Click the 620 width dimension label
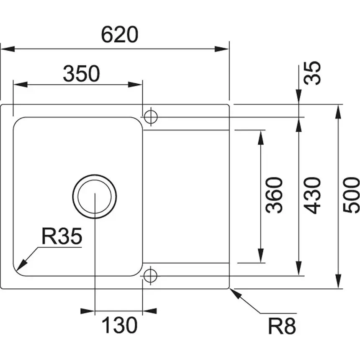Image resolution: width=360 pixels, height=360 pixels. [119, 35]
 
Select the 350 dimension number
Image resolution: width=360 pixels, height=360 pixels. [81, 74]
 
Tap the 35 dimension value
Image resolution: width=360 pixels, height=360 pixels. [313, 73]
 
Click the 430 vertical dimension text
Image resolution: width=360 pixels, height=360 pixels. [313, 195]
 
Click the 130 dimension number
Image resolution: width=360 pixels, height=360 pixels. [120, 325]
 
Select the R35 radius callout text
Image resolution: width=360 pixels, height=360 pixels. [62, 237]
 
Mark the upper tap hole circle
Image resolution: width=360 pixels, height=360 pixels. [150, 117]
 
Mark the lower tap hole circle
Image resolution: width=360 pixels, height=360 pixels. [150, 275]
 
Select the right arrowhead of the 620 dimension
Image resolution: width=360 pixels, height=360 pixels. [222, 49]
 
